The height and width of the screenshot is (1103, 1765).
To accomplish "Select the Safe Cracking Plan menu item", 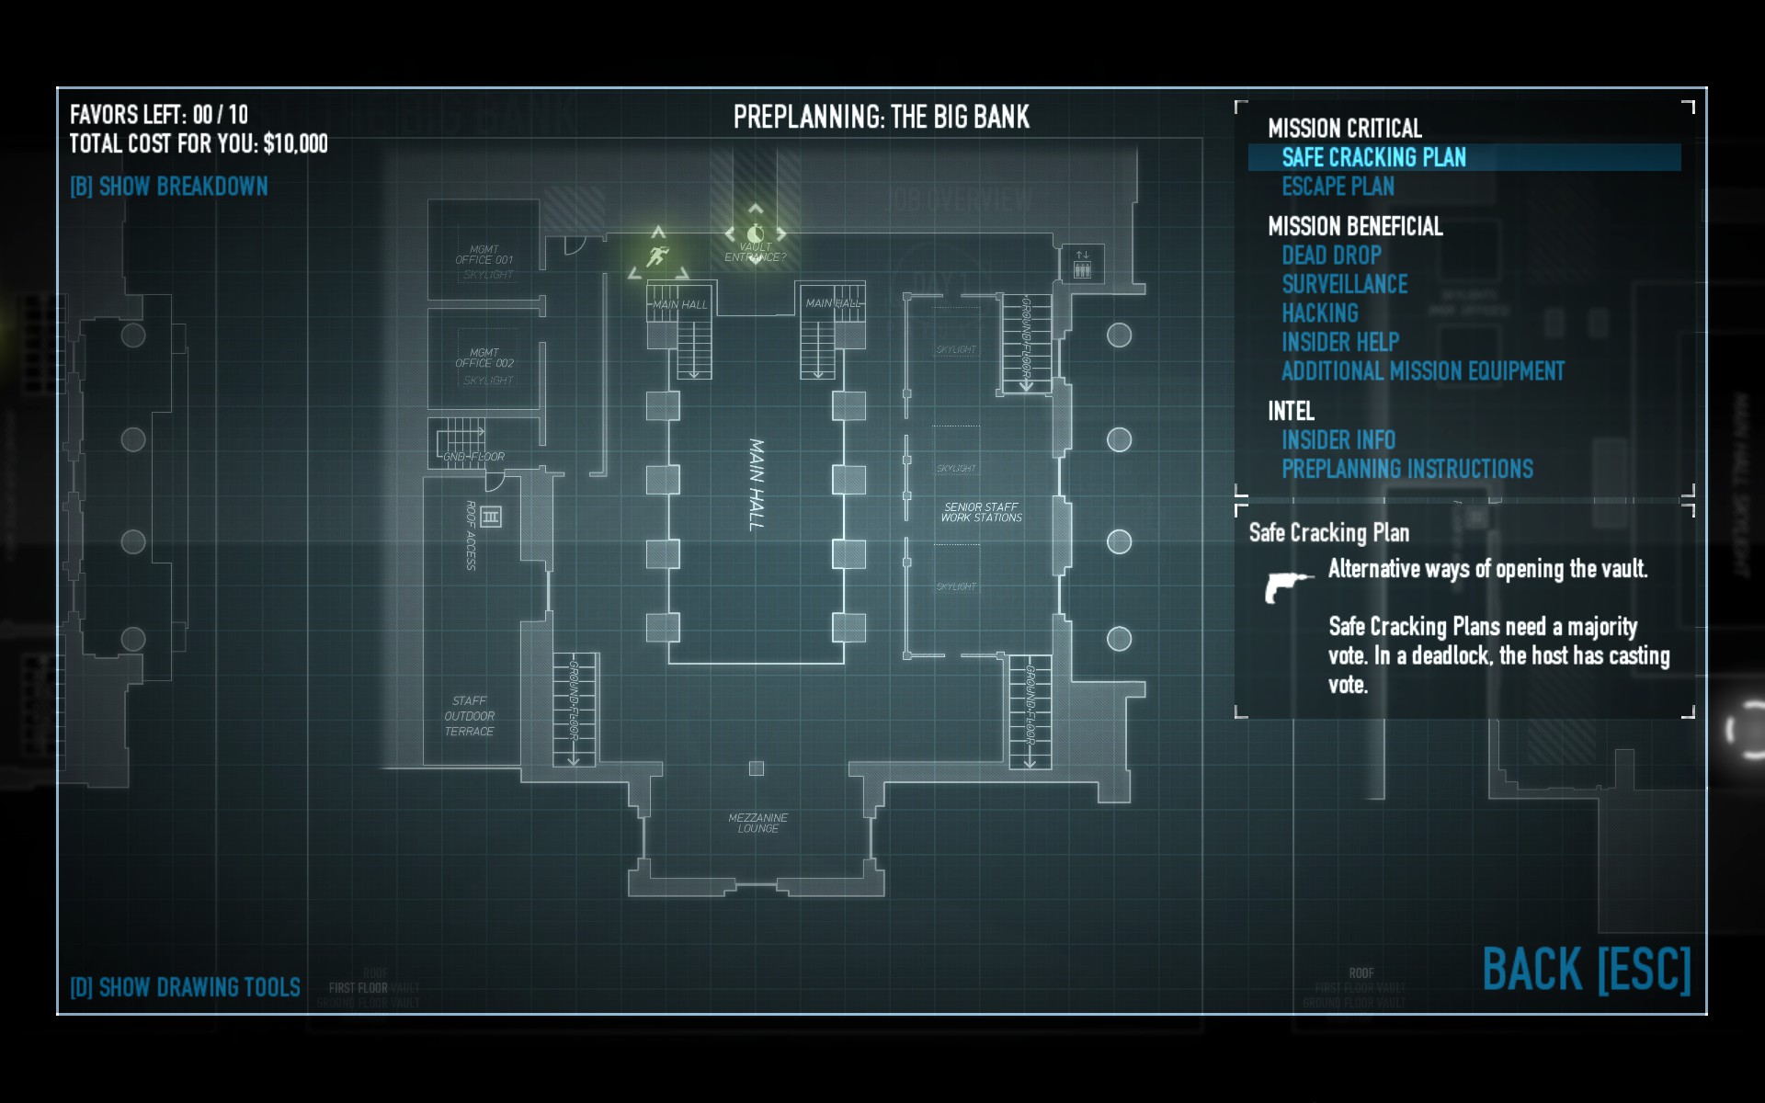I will tap(1373, 157).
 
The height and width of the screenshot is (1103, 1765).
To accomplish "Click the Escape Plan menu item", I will tap(1338, 187).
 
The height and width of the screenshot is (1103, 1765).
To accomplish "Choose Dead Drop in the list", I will tap(1331, 256).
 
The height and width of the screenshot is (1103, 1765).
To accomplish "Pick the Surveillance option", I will tap(1344, 284).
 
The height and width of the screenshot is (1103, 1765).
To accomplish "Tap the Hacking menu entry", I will tap(1319, 313).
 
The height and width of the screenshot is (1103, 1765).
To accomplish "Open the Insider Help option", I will tap(1340, 342).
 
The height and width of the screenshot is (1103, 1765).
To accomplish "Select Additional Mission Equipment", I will tap(1422, 371).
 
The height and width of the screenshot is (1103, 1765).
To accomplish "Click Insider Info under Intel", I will tap(1338, 440).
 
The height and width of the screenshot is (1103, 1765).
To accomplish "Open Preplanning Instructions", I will tap(1406, 469).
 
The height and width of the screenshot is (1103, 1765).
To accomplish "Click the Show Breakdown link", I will tap(169, 187).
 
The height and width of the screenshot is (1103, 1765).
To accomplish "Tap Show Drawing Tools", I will tap(185, 987).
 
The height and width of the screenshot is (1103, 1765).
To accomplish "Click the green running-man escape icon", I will tap(657, 256).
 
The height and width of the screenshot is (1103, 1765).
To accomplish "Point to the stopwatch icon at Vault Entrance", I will tap(756, 233).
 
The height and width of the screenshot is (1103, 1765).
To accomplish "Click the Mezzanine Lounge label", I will tap(757, 823).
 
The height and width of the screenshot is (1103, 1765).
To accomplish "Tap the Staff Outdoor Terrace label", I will tap(469, 716).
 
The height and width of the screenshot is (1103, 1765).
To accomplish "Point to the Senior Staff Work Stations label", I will tap(981, 512).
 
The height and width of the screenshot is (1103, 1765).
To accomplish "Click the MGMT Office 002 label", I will tap(484, 358).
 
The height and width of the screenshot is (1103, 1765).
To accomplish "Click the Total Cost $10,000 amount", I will tap(295, 143).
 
